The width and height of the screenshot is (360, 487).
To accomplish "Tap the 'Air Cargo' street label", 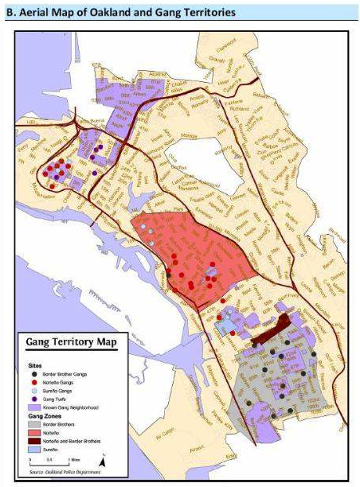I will click(x=185, y=434).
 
